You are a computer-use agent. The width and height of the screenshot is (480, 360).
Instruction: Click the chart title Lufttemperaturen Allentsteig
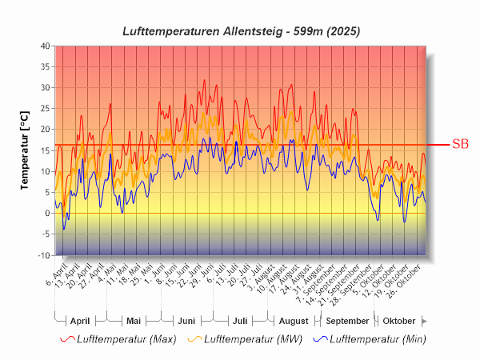(241, 31)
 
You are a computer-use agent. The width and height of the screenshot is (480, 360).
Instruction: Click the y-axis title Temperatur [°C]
(25, 150)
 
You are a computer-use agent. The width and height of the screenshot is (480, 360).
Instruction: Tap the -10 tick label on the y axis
(42, 255)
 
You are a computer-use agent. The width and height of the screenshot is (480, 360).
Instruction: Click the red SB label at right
(460, 145)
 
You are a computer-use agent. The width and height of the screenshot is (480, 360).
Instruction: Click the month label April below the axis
(80, 321)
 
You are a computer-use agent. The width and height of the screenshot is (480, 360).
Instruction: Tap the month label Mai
(134, 321)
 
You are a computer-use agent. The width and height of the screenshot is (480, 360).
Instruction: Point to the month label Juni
(186, 321)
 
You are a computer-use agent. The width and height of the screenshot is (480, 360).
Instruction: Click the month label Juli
(239, 321)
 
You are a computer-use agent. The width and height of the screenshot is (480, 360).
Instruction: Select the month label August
(293, 321)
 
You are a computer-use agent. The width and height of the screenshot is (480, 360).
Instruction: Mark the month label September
(346, 321)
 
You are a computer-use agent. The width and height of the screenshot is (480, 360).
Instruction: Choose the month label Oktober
(398, 321)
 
